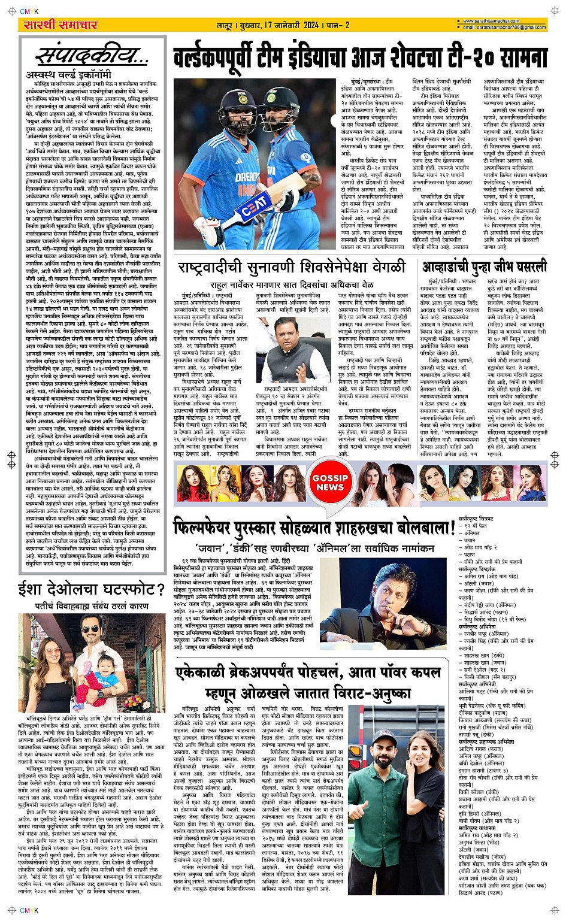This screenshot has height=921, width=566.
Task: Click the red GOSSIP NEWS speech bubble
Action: click(x=329, y=483)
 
